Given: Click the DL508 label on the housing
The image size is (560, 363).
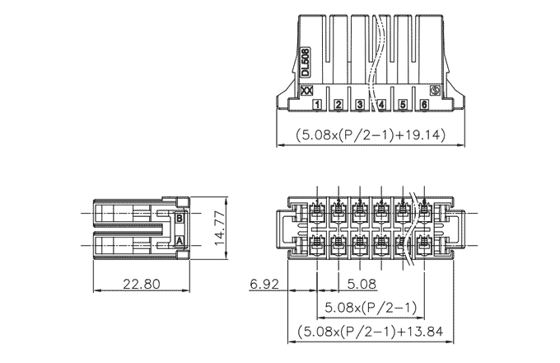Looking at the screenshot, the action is click(306, 62).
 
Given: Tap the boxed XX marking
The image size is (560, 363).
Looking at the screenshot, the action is click(307, 91).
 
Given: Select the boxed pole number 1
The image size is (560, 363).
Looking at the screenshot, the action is click(317, 105).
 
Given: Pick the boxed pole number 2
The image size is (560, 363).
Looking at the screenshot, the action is click(338, 105).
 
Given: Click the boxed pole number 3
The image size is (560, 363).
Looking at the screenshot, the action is click(360, 105).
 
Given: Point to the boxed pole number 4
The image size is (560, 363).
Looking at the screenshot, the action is click(381, 105).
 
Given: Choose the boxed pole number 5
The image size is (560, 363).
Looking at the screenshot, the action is click(403, 105).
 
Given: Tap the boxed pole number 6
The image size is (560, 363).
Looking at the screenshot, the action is click(424, 105).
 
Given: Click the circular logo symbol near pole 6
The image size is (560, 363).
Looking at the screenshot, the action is click(435, 91).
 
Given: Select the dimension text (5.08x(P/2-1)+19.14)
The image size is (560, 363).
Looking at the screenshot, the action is click(371, 134).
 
